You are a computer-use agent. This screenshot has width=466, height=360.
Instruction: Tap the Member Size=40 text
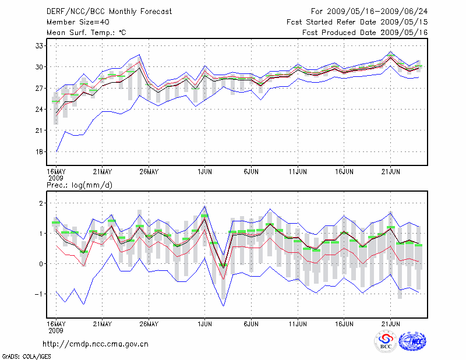click(x=74, y=22)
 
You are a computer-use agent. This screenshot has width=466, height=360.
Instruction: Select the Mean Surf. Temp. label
click(x=86, y=32)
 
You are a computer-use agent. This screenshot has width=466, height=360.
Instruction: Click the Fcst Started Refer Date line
click(x=357, y=22)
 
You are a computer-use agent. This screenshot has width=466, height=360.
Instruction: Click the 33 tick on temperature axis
click(x=39, y=45)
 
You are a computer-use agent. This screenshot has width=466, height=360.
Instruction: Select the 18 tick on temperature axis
click(x=39, y=152)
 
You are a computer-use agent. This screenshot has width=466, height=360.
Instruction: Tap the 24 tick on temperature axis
click(x=39, y=110)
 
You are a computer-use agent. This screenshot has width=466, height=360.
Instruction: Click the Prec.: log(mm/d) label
click(x=79, y=185)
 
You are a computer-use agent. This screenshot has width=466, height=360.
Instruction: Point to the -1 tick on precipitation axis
click(x=38, y=294)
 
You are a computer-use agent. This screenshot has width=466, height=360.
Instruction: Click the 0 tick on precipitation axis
click(x=41, y=264)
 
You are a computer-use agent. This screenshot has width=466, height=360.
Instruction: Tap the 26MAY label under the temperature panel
click(x=149, y=172)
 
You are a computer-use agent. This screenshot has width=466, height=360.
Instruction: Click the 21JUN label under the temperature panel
click(x=391, y=172)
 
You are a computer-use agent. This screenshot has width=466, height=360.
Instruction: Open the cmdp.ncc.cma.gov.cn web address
click(x=96, y=344)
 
